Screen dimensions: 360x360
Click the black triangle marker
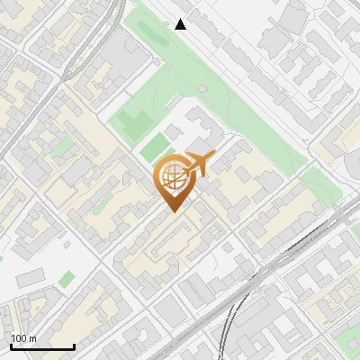click(181, 24)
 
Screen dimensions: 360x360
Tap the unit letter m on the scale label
click(33, 338)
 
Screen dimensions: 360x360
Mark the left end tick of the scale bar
click(11, 346)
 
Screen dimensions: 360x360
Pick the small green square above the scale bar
click(68, 280)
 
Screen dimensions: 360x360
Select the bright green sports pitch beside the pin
click(155, 147)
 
